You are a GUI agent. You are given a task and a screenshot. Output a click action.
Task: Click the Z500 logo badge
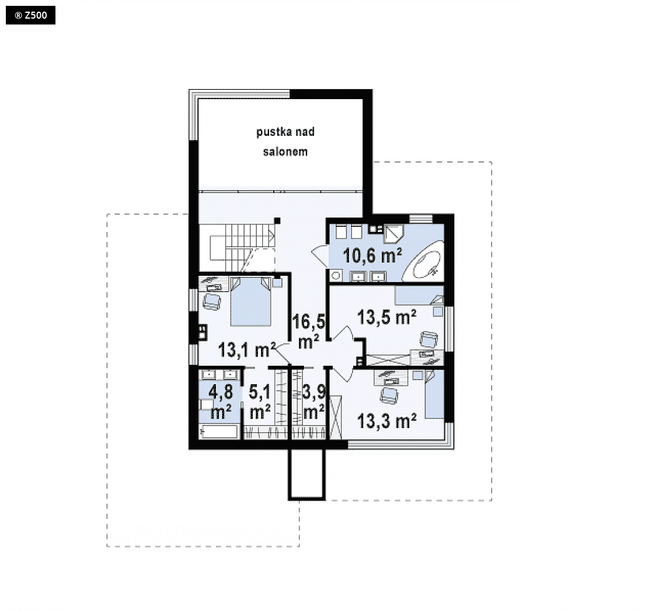(x=30, y=15)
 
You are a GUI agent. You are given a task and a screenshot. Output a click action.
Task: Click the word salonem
(x=285, y=152)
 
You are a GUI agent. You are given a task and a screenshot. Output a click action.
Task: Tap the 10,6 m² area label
(x=372, y=255)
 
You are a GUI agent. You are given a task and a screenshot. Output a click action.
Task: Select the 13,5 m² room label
(x=387, y=317)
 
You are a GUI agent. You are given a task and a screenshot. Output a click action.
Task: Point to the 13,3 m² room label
(x=387, y=421)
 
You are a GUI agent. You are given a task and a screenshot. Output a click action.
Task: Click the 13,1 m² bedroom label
(x=247, y=349)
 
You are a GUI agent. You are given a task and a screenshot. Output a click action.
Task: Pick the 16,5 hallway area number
(x=308, y=322)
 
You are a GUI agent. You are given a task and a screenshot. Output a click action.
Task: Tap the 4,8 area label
(x=221, y=392)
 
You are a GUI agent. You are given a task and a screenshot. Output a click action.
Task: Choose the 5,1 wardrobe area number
(x=260, y=392)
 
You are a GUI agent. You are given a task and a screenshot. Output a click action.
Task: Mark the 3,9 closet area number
(x=313, y=392)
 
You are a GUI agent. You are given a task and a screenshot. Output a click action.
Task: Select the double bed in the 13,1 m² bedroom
(x=250, y=301)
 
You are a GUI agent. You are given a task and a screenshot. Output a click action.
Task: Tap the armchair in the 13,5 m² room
(x=428, y=339)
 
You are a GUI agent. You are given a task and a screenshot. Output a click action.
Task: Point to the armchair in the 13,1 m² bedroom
(x=212, y=301)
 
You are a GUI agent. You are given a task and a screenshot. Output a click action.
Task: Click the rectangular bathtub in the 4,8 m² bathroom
(x=219, y=431)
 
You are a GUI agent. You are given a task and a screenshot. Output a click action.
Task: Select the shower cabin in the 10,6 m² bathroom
(x=393, y=234)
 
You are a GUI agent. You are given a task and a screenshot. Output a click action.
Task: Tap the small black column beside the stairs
(x=277, y=220)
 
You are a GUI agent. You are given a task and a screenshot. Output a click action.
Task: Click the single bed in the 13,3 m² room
(x=434, y=395)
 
